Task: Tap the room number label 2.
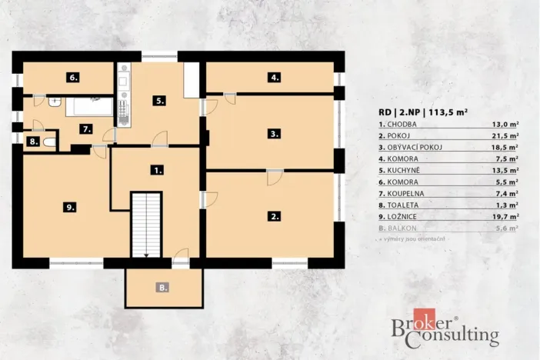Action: [274, 217]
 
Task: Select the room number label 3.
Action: [274, 133]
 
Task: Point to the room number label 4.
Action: [274, 78]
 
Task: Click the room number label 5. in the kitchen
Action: [159, 100]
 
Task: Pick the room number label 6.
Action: [73, 78]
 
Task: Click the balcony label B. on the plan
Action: [163, 288]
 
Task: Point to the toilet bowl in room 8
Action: [48, 142]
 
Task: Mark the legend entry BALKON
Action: [400, 228]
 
